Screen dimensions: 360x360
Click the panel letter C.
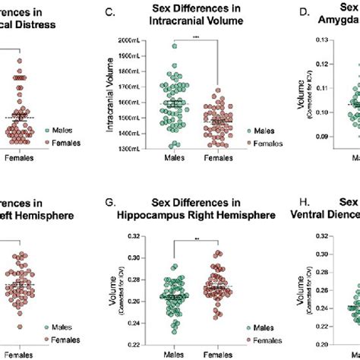point(110,13)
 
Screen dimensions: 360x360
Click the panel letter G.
point(110,203)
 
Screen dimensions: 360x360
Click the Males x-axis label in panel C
point(172,158)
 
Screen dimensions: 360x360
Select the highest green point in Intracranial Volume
point(174,46)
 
